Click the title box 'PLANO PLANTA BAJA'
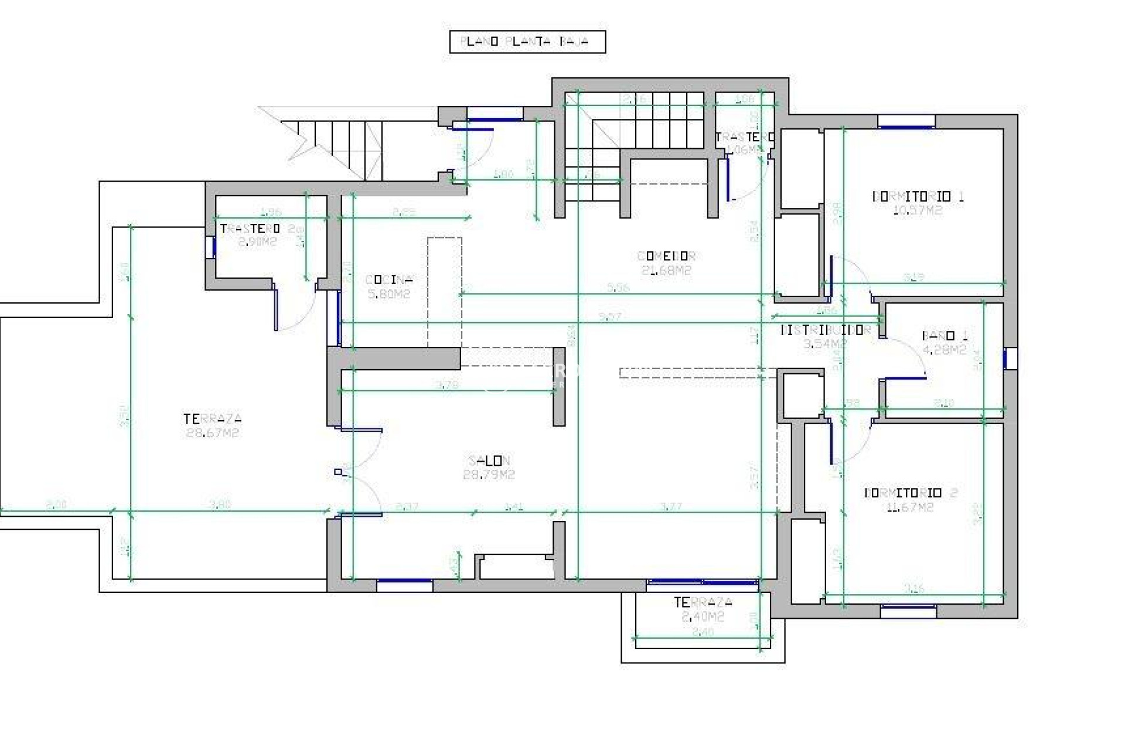(527, 42)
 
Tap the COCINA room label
(389, 279)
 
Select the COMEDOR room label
(666, 256)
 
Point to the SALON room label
(489, 461)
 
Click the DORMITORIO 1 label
(918, 197)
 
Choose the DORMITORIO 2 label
(911, 493)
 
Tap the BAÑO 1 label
(945, 336)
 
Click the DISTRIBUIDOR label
(826, 330)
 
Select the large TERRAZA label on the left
(212, 419)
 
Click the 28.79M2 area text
(489, 475)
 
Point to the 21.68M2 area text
(666, 271)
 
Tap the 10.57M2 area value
(918, 211)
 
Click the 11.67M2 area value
(910, 507)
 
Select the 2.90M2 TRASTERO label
(250, 229)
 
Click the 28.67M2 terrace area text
(212, 434)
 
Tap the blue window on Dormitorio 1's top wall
(906, 121)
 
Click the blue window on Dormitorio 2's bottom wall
(908, 612)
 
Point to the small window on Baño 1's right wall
(1010, 359)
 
